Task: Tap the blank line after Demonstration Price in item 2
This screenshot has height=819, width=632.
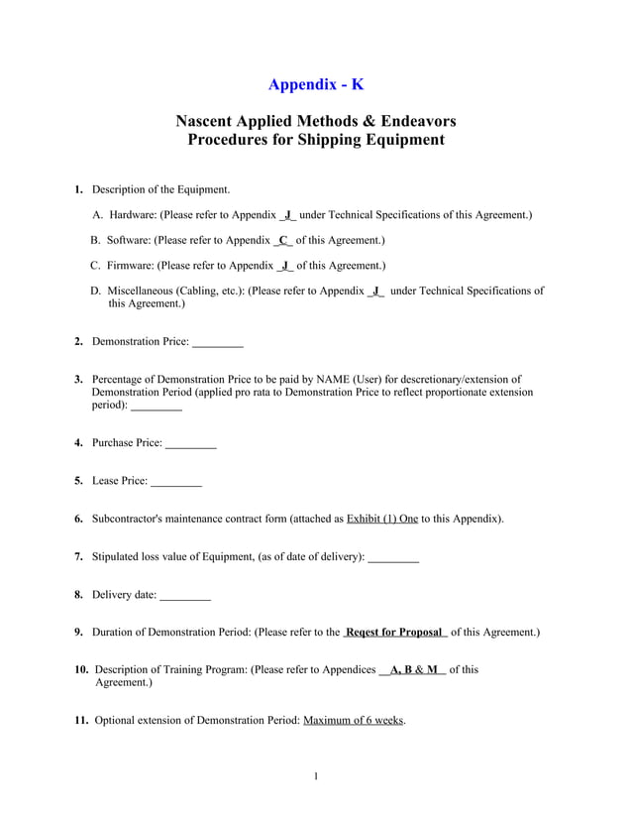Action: tap(217, 342)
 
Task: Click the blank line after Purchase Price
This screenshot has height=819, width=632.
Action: tap(190, 443)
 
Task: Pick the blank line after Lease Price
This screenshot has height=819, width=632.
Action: tap(175, 481)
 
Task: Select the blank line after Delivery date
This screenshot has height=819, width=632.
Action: tap(184, 595)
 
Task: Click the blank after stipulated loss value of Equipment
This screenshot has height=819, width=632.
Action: tap(392, 557)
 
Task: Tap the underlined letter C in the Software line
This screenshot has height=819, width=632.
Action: tap(283, 240)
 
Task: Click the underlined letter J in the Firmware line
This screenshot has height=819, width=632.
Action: tap(284, 266)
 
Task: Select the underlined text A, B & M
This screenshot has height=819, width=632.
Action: tap(413, 669)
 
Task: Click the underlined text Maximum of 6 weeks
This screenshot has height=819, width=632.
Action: tap(354, 721)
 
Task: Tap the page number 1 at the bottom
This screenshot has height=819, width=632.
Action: tap(315, 775)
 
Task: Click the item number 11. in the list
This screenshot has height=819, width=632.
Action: tap(82, 721)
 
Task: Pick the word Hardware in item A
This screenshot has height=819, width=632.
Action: tap(131, 214)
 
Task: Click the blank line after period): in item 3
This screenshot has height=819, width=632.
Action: tap(157, 406)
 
